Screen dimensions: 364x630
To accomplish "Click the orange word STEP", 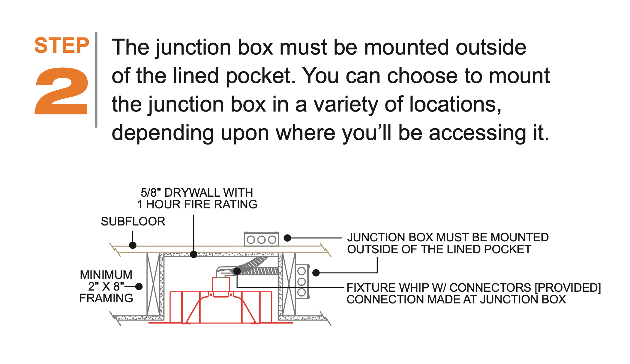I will [62, 46].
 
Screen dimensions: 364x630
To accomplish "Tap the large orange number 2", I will [62, 91].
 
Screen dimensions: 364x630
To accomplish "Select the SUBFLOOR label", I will [133, 222].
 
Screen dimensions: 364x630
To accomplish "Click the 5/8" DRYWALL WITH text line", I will [197, 192].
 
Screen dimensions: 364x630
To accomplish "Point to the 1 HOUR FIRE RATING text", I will [197, 204].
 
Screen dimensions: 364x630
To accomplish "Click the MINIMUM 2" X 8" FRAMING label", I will [106, 286].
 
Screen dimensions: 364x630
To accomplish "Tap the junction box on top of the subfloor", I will [261, 239].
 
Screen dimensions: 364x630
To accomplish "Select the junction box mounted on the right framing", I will [302, 282].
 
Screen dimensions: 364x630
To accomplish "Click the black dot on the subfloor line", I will [133, 245].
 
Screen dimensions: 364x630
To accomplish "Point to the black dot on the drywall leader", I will [194, 255].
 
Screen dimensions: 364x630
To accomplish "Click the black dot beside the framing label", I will [139, 287].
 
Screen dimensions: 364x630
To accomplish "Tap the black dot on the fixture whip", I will [237, 271].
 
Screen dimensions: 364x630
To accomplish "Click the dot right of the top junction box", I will [287, 238].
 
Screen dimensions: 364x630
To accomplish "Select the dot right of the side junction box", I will [316, 273].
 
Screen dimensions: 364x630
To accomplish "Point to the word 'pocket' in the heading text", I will [260, 76].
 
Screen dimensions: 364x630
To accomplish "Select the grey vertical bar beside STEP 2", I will [96, 80].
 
